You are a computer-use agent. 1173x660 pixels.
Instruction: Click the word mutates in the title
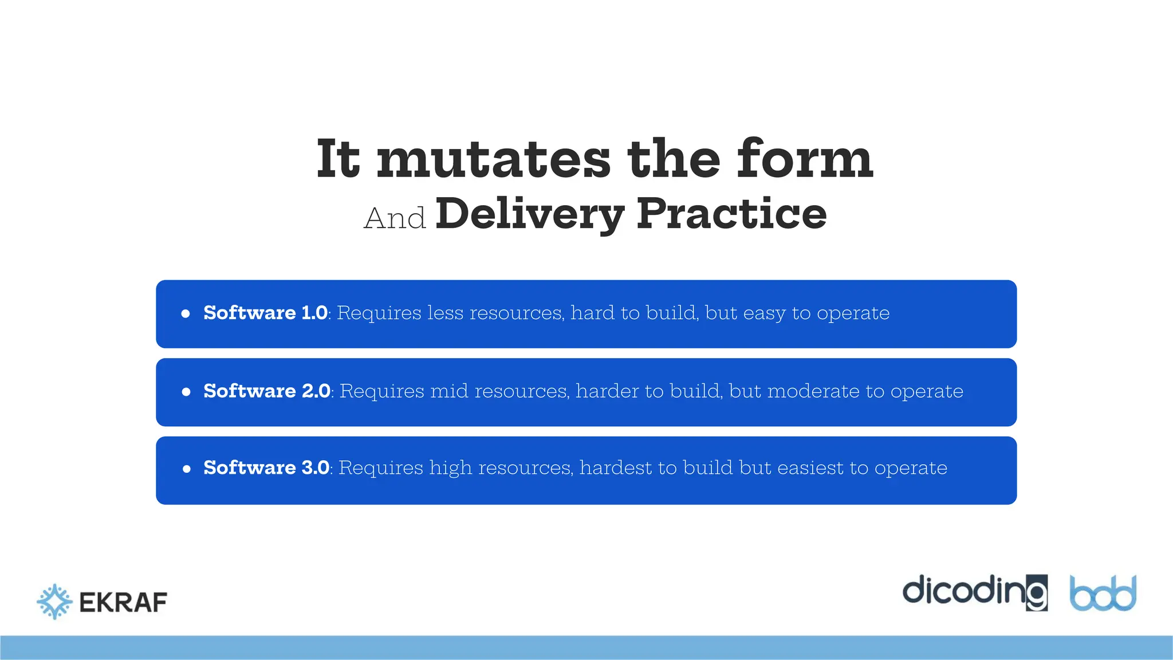[x=494, y=160]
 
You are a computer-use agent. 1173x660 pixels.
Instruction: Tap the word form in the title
[x=804, y=159]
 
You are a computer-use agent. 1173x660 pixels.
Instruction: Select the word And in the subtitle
[x=395, y=219]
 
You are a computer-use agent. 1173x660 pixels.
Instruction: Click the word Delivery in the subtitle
[x=530, y=214]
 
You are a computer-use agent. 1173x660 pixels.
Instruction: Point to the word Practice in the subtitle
[x=731, y=213]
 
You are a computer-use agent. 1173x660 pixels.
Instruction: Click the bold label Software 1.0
[x=266, y=313]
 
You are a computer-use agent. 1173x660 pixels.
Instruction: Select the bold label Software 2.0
[x=267, y=391]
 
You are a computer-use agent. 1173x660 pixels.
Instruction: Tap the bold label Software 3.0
[x=266, y=467]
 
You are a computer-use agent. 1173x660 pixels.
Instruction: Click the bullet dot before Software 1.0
[x=186, y=313]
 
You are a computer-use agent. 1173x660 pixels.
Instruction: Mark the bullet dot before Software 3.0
[x=186, y=469]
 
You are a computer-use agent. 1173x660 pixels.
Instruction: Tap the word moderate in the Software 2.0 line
[x=813, y=391]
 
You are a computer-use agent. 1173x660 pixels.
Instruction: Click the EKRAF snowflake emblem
[x=54, y=602]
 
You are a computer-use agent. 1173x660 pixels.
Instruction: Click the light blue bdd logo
[x=1103, y=594]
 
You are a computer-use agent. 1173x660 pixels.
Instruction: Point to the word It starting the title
[x=338, y=159]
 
